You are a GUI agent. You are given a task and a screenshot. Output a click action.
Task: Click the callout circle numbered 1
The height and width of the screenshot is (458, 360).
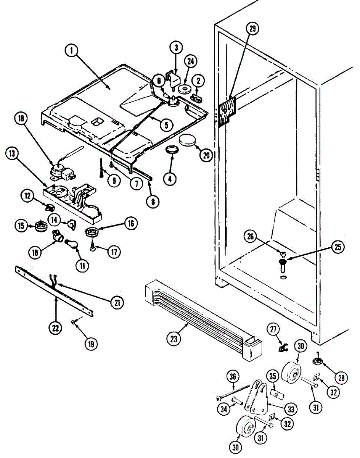point(71,51)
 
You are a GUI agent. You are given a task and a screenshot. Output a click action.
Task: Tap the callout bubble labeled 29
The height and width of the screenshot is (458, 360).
point(252,28)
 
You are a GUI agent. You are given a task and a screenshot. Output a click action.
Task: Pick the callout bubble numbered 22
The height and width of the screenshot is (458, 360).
point(56,328)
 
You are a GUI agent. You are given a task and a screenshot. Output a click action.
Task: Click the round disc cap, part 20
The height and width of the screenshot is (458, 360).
point(187,140)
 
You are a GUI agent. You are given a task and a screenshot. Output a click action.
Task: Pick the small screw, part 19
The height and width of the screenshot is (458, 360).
point(73,323)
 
